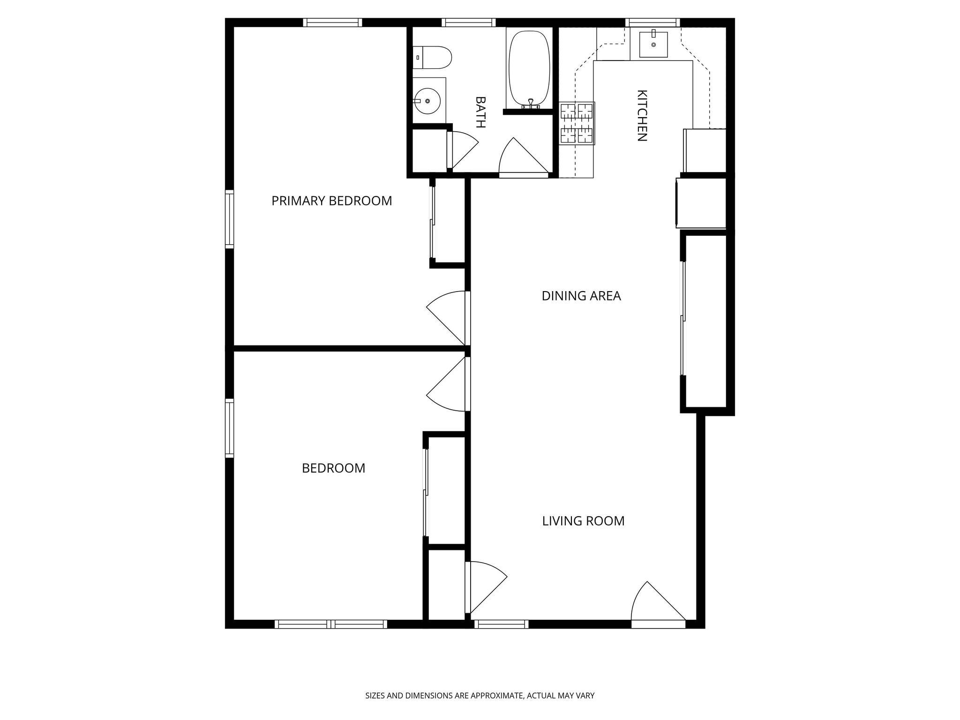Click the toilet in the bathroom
pos(433,57)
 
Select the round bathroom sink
pos(427,101)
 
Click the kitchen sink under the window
pos(653,45)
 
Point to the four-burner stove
pos(577,123)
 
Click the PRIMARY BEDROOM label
pos(331,201)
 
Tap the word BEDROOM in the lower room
pos(333,468)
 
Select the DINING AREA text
pos(581,296)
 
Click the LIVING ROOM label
pos(583,521)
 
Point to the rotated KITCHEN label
pos(642,115)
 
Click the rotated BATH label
pos(480,112)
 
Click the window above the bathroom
pos(468,22)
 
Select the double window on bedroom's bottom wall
pos(331,624)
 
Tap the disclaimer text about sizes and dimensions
pos(480,696)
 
